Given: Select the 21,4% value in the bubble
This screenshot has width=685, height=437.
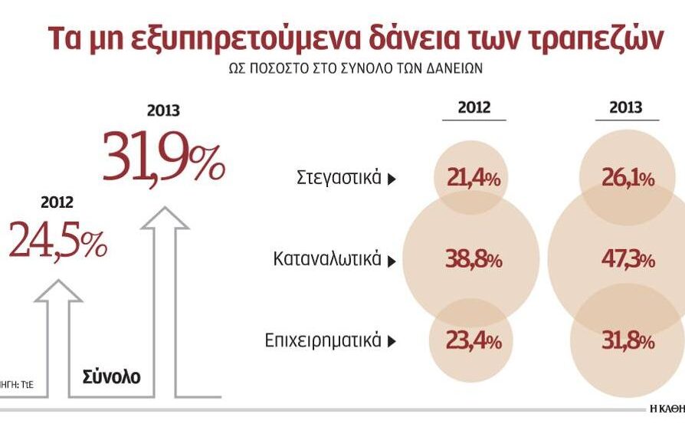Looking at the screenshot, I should coord(473,179).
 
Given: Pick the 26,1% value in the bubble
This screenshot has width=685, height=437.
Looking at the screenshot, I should coord(626,179).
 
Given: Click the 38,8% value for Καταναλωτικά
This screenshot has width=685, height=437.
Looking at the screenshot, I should coord(473,261).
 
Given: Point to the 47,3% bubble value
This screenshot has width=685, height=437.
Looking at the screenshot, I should coord(626,261).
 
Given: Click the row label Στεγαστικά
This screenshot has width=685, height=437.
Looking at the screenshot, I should coord(338,178).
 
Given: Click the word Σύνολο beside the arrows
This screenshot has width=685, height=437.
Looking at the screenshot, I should coord(112,377).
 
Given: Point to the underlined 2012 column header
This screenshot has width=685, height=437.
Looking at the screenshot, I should coord(474,108).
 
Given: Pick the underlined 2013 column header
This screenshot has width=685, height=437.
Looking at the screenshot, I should coord(626,108).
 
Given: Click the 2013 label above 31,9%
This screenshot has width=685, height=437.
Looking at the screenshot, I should coord(163,110).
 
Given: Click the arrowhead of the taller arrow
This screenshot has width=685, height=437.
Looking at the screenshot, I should coord(165,218).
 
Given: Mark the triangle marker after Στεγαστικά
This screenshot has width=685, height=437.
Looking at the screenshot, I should coord(392,179).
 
